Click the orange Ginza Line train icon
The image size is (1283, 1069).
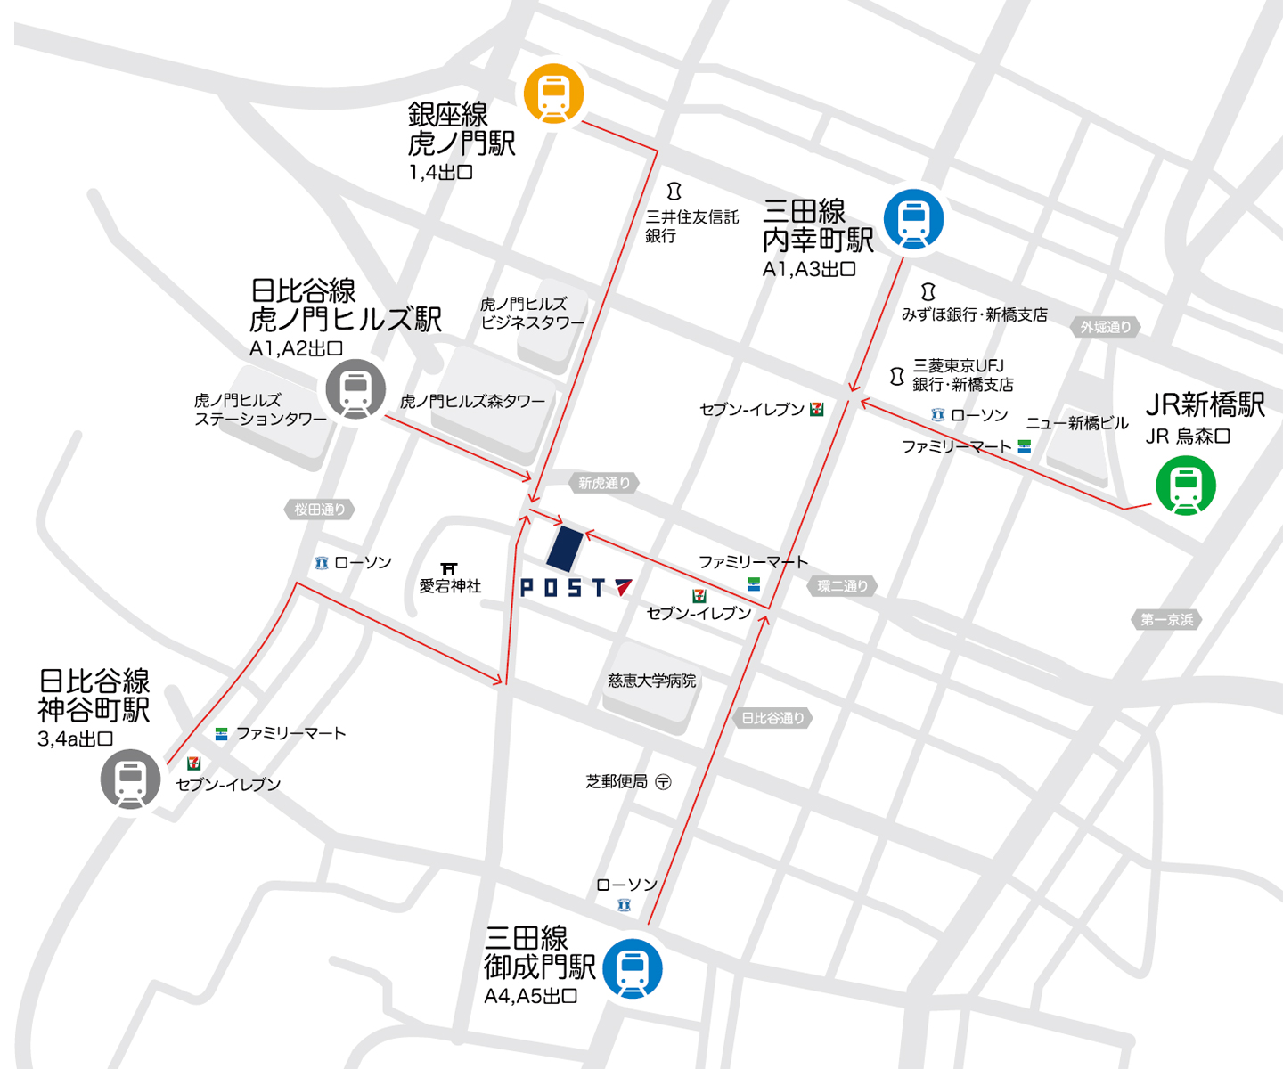pyautogui.click(x=553, y=94)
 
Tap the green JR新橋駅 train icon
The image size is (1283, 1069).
pyautogui.click(x=1186, y=486)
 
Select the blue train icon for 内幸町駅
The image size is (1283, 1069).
pyautogui.click(x=913, y=219)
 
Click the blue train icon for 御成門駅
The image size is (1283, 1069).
pyautogui.click(x=633, y=968)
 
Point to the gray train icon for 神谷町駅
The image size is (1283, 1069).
pyautogui.click(x=131, y=779)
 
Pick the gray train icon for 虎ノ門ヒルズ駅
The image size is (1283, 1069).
pyautogui.click(x=355, y=389)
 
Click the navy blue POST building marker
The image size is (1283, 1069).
pyautogui.click(x=564, y=548)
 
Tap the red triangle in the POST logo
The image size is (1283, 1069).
pyautogui.click(x=623, y=586)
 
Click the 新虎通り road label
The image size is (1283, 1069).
pyautogui.click(x=604, y=483)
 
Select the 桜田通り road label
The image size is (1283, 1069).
pyautogui.click(x=320, y=510)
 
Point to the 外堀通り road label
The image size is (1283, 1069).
pyautogui.click(x=1105, y=327)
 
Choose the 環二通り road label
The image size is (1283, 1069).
pyautogui.click(x=842, y=585)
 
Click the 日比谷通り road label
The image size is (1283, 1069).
pyautogui.click(x=772, y=718)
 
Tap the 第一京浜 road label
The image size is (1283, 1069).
pyautogui.click(x=1166, y=619)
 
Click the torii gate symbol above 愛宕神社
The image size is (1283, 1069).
pyautogui.click(x=449, y=568)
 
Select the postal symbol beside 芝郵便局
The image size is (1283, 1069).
pyautogui.click(x=663, y=782)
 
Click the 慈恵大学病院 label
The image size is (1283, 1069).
pyautogui.click(x=651, y=681)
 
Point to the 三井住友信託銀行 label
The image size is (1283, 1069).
pyautogui.click(x=691, y=226)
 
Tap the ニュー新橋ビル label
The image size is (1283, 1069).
pyautogui.click(x=1076, y=423)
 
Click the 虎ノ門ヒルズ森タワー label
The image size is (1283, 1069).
pyautogui.click(x=472, y=402)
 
